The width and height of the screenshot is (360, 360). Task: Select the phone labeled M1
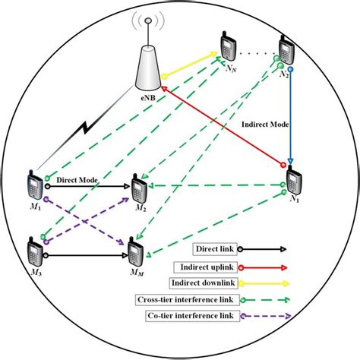[x=34, y=182]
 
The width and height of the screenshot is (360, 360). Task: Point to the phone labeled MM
[x=137, y=251]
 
